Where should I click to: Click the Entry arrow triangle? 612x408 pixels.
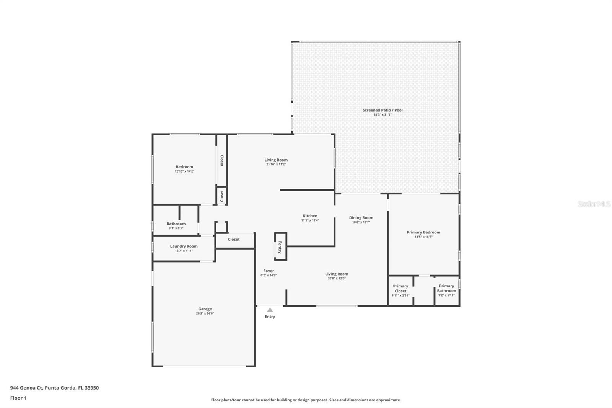(270, 310)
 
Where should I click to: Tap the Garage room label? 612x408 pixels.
(205, 309)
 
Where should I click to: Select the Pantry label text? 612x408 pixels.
(280, 247)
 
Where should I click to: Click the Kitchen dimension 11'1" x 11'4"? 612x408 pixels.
(310, 220)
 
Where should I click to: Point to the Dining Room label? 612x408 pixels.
(361, 217)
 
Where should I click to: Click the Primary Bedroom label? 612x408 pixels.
(423, 232)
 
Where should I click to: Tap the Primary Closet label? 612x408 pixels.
(400, 289)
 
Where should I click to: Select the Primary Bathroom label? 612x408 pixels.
(446, 289)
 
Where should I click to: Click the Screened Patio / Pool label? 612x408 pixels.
(382, 110)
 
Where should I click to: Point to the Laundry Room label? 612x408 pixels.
(184, 246)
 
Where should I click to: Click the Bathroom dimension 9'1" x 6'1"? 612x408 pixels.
(176, 228)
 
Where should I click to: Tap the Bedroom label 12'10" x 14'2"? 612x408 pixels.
(184, 169)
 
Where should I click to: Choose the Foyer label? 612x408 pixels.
(269, 271)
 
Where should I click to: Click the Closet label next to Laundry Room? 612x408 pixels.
(234, 239)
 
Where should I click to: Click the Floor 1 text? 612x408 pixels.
(18, 398)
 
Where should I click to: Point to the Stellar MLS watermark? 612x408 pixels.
(594, 204)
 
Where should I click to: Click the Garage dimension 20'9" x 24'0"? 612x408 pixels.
(205, 313)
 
